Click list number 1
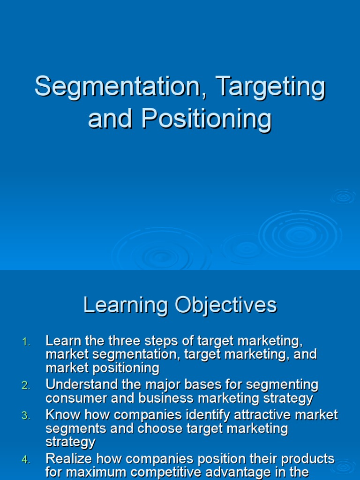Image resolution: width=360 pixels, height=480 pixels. tap(26, 343)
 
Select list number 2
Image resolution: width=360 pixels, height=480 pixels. tap(26, 385)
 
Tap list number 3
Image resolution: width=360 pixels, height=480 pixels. tap(26, 415)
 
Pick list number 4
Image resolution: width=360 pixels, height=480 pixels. tap(26, 460)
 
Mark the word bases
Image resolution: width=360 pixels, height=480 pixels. tap(225, 385)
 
